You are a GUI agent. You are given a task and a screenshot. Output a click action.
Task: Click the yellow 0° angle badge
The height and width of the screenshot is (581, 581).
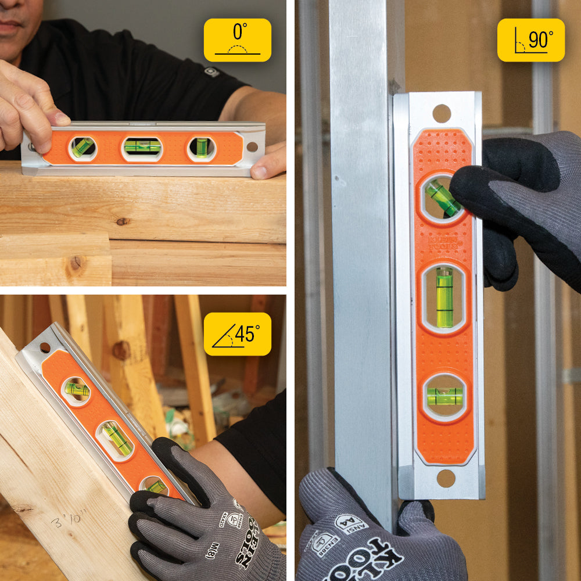pos(237,40)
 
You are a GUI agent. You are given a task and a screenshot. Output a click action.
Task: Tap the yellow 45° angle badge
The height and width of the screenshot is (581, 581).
pos(237,334)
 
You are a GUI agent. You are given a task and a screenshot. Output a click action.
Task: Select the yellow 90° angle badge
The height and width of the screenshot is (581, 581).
pos(531,40)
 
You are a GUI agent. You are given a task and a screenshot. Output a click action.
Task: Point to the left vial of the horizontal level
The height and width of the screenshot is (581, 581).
pos(83,148)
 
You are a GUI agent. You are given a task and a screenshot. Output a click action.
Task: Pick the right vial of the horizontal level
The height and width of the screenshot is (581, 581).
pos(202,148)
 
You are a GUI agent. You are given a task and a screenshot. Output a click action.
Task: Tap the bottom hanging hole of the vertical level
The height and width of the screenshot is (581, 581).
pos(446,478)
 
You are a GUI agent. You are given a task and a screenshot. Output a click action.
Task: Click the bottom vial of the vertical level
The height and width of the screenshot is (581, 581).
pos(445,396)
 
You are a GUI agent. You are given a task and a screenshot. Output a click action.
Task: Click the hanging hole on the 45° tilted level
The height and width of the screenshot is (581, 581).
pos(45,348)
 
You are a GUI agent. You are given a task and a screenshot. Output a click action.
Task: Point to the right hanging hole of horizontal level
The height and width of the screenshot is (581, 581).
pos(251,147)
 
